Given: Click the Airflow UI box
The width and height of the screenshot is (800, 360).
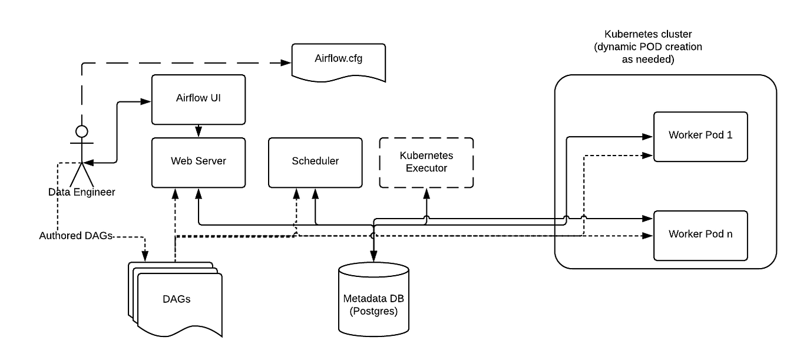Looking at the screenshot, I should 199,99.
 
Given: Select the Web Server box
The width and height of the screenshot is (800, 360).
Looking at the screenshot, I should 199,161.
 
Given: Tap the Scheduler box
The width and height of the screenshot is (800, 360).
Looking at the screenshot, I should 315,161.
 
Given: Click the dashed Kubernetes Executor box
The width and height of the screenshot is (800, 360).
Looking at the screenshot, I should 427,162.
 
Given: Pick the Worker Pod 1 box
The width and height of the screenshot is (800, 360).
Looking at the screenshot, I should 700,136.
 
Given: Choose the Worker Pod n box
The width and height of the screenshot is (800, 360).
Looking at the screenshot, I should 700,235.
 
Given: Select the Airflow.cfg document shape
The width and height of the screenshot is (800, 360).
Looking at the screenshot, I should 339,61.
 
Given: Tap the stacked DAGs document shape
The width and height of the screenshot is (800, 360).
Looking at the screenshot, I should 177,299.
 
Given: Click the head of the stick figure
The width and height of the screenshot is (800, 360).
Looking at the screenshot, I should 82,131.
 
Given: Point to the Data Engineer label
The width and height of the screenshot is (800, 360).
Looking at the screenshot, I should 82,192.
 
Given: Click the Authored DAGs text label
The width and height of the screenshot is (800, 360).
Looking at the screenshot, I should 76,236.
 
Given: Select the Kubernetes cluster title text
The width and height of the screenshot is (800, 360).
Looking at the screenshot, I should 648,47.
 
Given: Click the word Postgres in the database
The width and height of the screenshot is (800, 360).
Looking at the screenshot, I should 373,311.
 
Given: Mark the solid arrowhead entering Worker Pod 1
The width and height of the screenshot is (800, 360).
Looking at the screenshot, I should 649,137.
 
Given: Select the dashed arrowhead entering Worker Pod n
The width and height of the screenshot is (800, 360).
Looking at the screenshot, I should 649,236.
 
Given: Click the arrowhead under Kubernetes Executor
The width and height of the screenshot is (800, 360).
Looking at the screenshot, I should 427,193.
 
